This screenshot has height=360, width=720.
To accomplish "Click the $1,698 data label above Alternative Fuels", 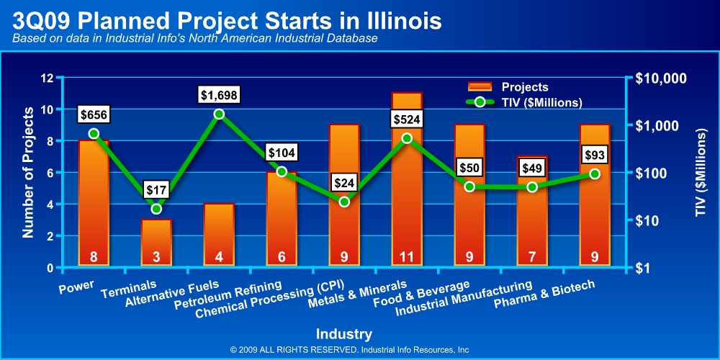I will [219, 94].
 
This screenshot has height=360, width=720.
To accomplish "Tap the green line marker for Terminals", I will [156, 209].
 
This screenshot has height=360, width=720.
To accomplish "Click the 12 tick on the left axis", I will [47, 78].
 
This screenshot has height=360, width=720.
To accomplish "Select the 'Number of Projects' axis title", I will [29, 173].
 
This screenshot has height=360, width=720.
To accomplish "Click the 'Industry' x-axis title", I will [343, 333].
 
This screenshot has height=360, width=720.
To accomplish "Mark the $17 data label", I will [156, 190].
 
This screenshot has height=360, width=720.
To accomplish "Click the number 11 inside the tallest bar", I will [407, 257].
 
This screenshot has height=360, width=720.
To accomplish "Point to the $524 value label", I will [407, 119].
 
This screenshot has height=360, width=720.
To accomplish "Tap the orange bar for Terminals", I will [156, 241].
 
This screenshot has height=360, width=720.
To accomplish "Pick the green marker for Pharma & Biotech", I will [595, 174].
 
